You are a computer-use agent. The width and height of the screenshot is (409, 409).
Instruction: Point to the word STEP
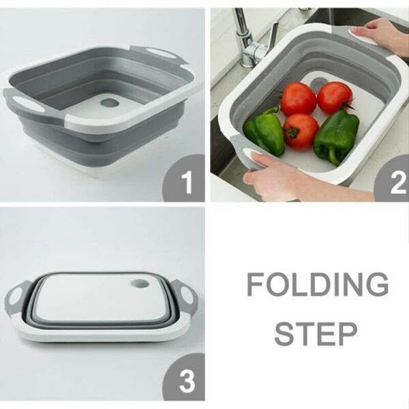pyautogui.click(x=317, y=334)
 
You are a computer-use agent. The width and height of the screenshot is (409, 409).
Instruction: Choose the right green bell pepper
pyautogui.click(x=336, y=136)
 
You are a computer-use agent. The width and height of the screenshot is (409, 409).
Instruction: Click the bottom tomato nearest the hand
pyautogui.click(x=301, y=130)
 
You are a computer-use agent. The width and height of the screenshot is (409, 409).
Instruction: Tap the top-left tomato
pyautogui.click(x=298, y=99)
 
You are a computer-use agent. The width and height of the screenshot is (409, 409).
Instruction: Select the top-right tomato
pyautogui.click(x=335, y=97)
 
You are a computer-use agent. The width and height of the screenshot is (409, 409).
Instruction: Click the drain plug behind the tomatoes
pyautogui.click(x=318, y=82)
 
